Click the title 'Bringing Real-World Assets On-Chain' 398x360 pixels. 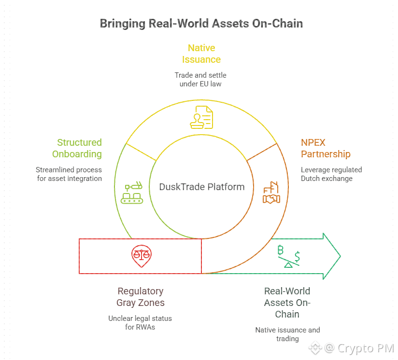click(x=201, y=23)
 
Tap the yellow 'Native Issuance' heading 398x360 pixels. click(x=201, y=54)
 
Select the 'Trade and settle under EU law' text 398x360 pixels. click(x=200, y=80)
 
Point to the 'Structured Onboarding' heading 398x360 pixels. click(x=79, y=148)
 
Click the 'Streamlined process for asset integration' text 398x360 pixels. click(x=69, y=174)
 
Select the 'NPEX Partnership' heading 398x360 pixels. click(x=326, y=148)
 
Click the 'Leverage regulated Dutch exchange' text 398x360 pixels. click(x=331, y=174)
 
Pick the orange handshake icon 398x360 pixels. click(x=271, y=193)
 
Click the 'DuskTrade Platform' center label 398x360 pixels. click(x=201, y=187)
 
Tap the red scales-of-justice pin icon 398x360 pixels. click(x=141, y=256)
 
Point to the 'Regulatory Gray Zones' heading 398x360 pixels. click(x=141, y=297)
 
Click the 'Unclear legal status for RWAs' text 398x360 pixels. click(x=140, y=323)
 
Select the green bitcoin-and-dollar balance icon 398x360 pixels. click(x=288, y=256)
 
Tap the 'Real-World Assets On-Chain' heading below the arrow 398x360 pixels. click(x=287, y=303)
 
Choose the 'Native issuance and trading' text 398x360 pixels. click(x=287, y=334)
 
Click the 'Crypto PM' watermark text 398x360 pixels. click(x=366, y=347)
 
